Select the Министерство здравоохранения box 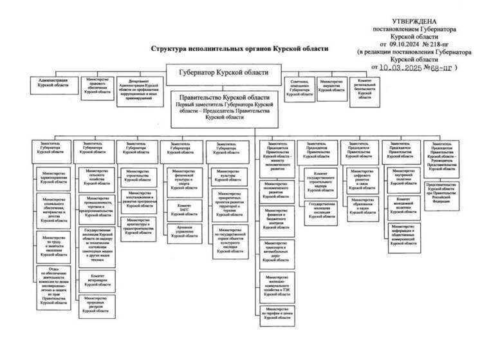[54, 177]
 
